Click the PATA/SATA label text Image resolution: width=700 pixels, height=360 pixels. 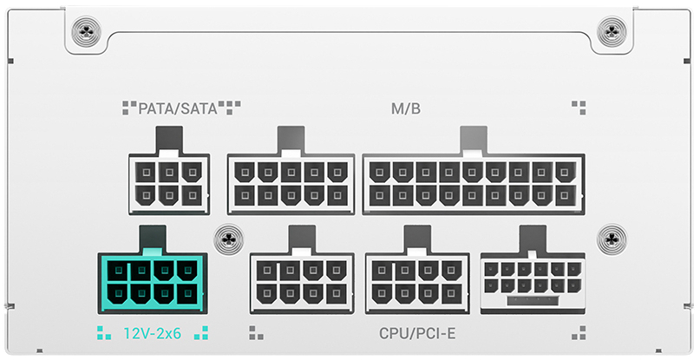(x=178, y=108)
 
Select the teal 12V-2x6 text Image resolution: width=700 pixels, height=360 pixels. (x=152, y=332)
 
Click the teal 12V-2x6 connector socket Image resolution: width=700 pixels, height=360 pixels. (x=153, y=283)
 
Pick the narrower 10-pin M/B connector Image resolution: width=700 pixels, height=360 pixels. (x=291, y=183)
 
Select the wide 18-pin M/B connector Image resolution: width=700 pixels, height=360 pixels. (x=473, y=183)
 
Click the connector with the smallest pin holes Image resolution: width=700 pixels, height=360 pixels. (x=532, y=283)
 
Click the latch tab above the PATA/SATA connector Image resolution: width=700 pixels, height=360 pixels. (x=168, y=139)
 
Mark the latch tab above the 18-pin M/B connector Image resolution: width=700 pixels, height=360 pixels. (x=473, y=139)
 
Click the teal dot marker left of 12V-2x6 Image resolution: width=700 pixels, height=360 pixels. (x=104, y=332)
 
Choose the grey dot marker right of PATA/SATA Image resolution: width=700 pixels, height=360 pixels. (x=230, y=108)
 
